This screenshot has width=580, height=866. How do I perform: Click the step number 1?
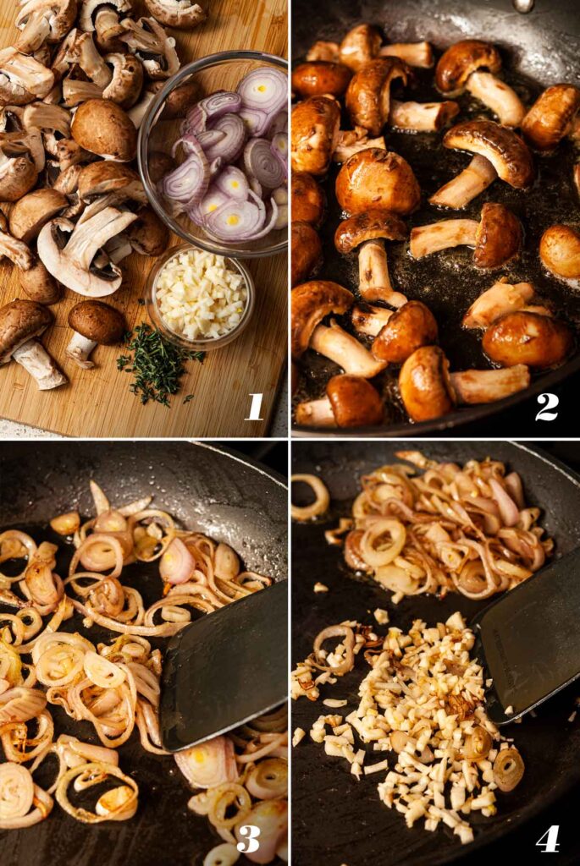(255, 406)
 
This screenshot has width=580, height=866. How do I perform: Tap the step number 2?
(547, 406)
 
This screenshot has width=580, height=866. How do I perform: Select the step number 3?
(248, 837)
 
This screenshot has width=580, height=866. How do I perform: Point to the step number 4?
(548, 837)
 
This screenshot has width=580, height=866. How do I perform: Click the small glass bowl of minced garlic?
(201, 296)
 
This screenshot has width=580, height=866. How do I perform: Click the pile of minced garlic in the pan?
(415, 719)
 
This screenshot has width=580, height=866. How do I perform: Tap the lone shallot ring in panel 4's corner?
(308, 497)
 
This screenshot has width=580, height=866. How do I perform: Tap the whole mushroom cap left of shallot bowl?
(103, 129)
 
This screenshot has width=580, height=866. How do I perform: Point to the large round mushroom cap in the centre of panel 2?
(377, 182)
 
